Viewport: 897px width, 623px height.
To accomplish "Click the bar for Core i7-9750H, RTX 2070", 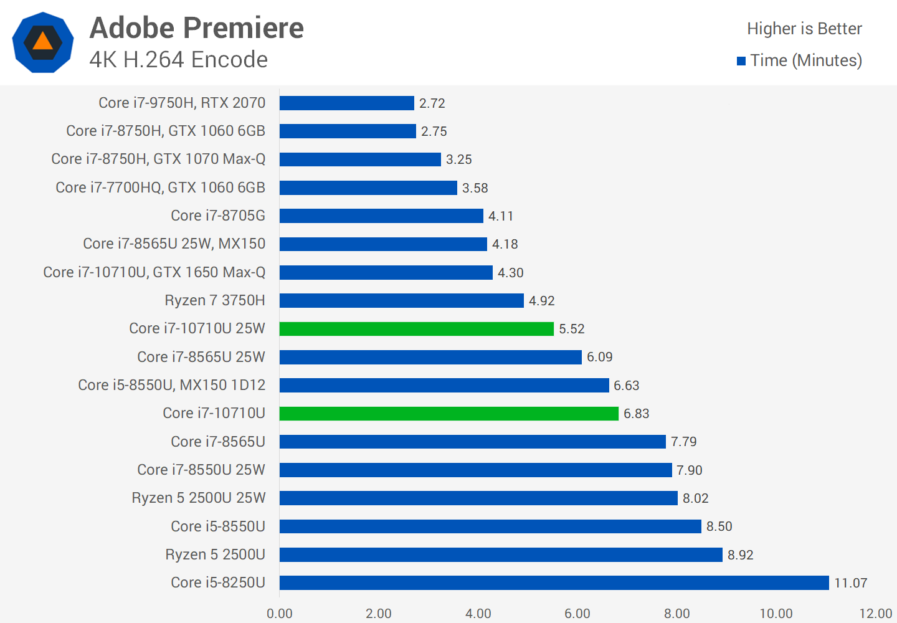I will click(346, 103).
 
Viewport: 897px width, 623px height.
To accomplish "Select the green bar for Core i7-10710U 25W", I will click(416, 329).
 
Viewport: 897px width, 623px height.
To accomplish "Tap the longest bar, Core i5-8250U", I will click(554, 583).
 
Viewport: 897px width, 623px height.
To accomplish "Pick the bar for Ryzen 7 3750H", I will click(401, 301).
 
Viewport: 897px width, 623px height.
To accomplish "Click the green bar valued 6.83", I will click(448, 414).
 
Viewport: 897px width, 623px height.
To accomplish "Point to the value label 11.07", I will click(850, 583).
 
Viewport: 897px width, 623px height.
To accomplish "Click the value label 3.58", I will click(475, 188).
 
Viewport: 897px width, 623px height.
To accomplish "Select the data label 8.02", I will click(695, 498).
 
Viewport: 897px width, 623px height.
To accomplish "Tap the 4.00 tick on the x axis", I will click(478, 614).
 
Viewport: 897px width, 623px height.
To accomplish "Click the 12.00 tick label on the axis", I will click(875, 614).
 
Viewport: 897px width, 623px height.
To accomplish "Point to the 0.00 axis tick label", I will click(279, 614).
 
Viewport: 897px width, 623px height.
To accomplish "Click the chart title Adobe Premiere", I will click(197, 28).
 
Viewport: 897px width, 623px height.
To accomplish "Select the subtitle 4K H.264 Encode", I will click(179, 60).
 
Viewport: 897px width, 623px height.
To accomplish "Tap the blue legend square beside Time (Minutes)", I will click(741, 61).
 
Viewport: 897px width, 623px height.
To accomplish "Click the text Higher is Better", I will click(804, 29).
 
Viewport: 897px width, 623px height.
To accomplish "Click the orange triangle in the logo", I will click(42, 42).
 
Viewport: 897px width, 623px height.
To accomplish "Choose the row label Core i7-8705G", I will click(218, 216).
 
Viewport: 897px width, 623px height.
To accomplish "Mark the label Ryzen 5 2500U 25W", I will click(199, 498).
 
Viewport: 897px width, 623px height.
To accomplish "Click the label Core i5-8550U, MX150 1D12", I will click(172, 385).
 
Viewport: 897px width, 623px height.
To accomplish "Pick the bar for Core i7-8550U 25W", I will click(475, 470).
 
